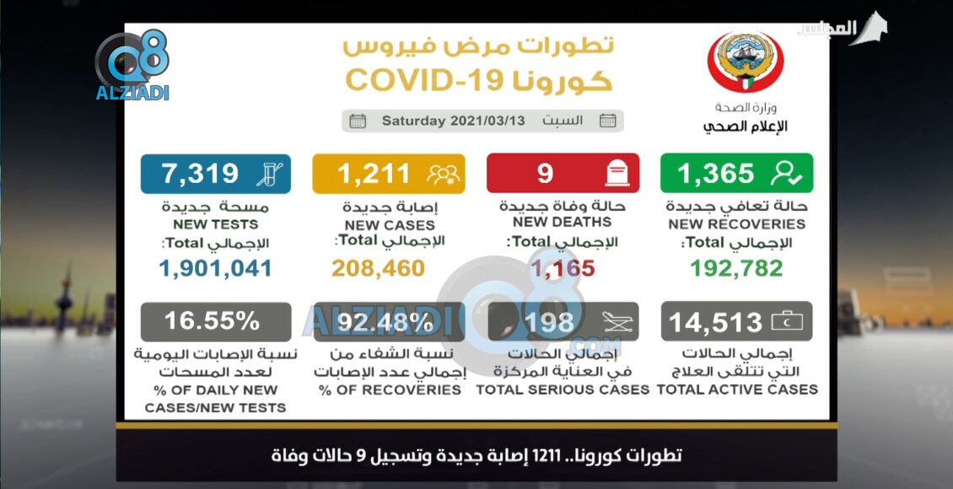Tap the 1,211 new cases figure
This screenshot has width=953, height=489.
pos(374,173)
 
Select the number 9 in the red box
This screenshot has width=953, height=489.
pos(545,173)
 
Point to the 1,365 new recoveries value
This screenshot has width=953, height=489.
pos(715,173)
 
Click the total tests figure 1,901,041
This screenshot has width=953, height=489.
pos(216,268)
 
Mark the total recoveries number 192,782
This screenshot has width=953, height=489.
pos(736,268)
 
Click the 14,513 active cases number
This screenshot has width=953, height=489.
pos(715,322)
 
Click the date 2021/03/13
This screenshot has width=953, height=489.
pos(487,121)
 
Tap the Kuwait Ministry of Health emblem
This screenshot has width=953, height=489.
pos(745,64)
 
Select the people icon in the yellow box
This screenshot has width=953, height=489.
pos(443,173)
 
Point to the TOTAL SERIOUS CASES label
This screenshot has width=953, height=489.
pos(563,390)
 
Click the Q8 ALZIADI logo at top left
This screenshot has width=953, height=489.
pos(132,67)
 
